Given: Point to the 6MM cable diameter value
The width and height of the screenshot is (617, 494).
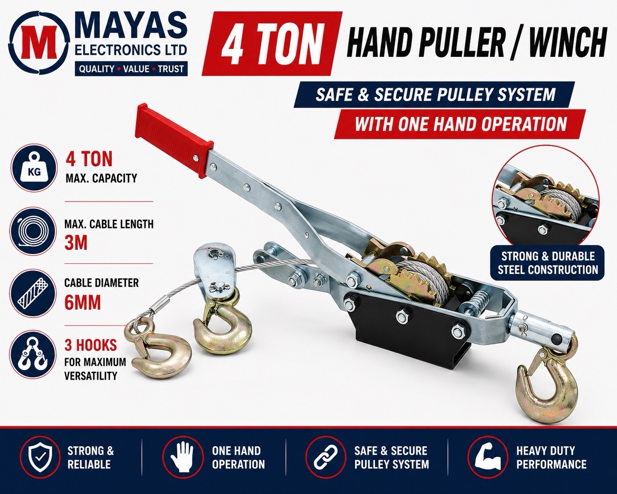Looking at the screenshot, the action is tap(83, 303).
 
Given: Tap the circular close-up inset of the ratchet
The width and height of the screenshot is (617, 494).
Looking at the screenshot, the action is tap(545, 204).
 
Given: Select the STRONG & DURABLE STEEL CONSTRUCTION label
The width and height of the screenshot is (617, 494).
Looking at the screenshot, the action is tap(547, 263).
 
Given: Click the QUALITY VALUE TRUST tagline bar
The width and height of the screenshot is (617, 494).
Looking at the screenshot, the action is tap(131, 69).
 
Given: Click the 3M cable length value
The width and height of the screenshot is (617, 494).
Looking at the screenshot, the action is tap(76, 243).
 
